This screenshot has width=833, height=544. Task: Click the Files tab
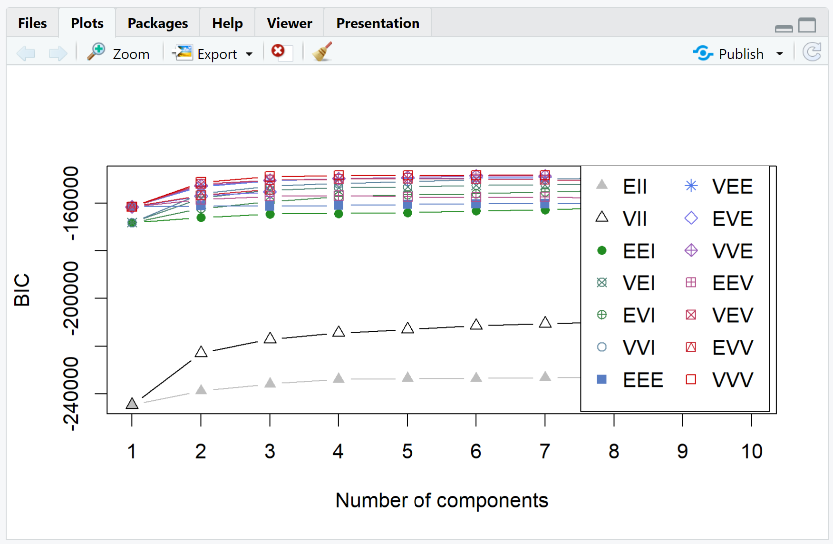(32, 23)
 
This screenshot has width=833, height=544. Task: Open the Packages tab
(157, 23)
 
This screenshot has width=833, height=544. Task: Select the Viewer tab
(289, 23)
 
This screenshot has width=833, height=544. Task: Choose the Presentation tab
(378, 23)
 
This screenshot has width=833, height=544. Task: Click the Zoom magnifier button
(118, 53)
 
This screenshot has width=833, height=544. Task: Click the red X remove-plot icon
(278, 51)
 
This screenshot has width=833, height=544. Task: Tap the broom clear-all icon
(322, 52)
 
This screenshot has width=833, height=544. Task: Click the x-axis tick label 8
(614, 451)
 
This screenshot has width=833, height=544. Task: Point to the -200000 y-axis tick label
(71, 298)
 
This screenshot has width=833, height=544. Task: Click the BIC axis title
(22, 290)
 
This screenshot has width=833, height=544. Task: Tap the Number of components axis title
(442, 501)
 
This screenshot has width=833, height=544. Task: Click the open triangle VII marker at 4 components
(339, 332)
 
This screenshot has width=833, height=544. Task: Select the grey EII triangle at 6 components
(476, 377)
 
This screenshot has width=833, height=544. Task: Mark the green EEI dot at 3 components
(270, 215)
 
